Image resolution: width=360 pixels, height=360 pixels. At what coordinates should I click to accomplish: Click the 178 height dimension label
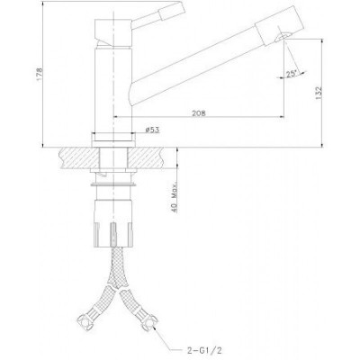click(40, 74)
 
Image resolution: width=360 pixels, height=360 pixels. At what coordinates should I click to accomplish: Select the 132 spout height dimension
click(319, 93)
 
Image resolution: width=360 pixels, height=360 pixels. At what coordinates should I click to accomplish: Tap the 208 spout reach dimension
click(199, 113)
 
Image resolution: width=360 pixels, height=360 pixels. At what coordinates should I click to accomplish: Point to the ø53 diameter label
click(152, 130)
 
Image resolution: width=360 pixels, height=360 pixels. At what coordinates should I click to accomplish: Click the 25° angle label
click(291, 74)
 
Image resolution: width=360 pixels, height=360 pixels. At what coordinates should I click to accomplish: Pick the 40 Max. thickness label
click(175, 197)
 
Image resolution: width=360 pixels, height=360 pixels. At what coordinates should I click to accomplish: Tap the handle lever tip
click(172, 10)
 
